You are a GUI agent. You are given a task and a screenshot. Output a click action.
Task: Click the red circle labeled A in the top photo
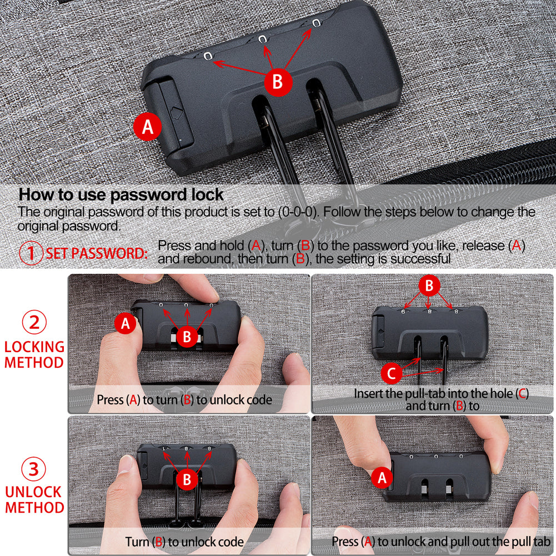click(148, 127)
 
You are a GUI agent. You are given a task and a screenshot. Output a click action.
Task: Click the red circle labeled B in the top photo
click(278, 82)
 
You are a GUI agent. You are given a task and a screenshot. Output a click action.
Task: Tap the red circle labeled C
click(391, 373)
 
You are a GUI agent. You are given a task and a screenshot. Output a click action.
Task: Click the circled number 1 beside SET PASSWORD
click(31, 253)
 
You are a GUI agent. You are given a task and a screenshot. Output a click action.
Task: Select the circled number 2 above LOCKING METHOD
click(34, 322)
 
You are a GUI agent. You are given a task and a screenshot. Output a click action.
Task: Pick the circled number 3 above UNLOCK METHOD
click(34, 469)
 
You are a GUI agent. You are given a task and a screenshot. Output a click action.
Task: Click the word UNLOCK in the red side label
click(34, 492)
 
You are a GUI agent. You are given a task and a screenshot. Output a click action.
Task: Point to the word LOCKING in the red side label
click(34, 347)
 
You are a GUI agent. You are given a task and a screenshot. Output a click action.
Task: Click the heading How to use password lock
click(121, 194)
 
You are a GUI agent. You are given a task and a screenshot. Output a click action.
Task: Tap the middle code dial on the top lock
click(262, 39)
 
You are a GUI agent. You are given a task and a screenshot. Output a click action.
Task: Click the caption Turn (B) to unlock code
click(184, 542)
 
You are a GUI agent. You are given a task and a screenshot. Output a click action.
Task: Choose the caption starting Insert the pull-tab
click(442, 399)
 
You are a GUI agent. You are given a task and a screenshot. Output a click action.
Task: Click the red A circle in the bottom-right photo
click(382, 477)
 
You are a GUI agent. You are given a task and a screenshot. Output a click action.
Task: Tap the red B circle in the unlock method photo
click(187, 479)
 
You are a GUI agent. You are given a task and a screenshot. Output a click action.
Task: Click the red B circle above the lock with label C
click(429, 285)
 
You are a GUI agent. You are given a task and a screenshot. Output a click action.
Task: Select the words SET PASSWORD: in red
click(97, 253)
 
